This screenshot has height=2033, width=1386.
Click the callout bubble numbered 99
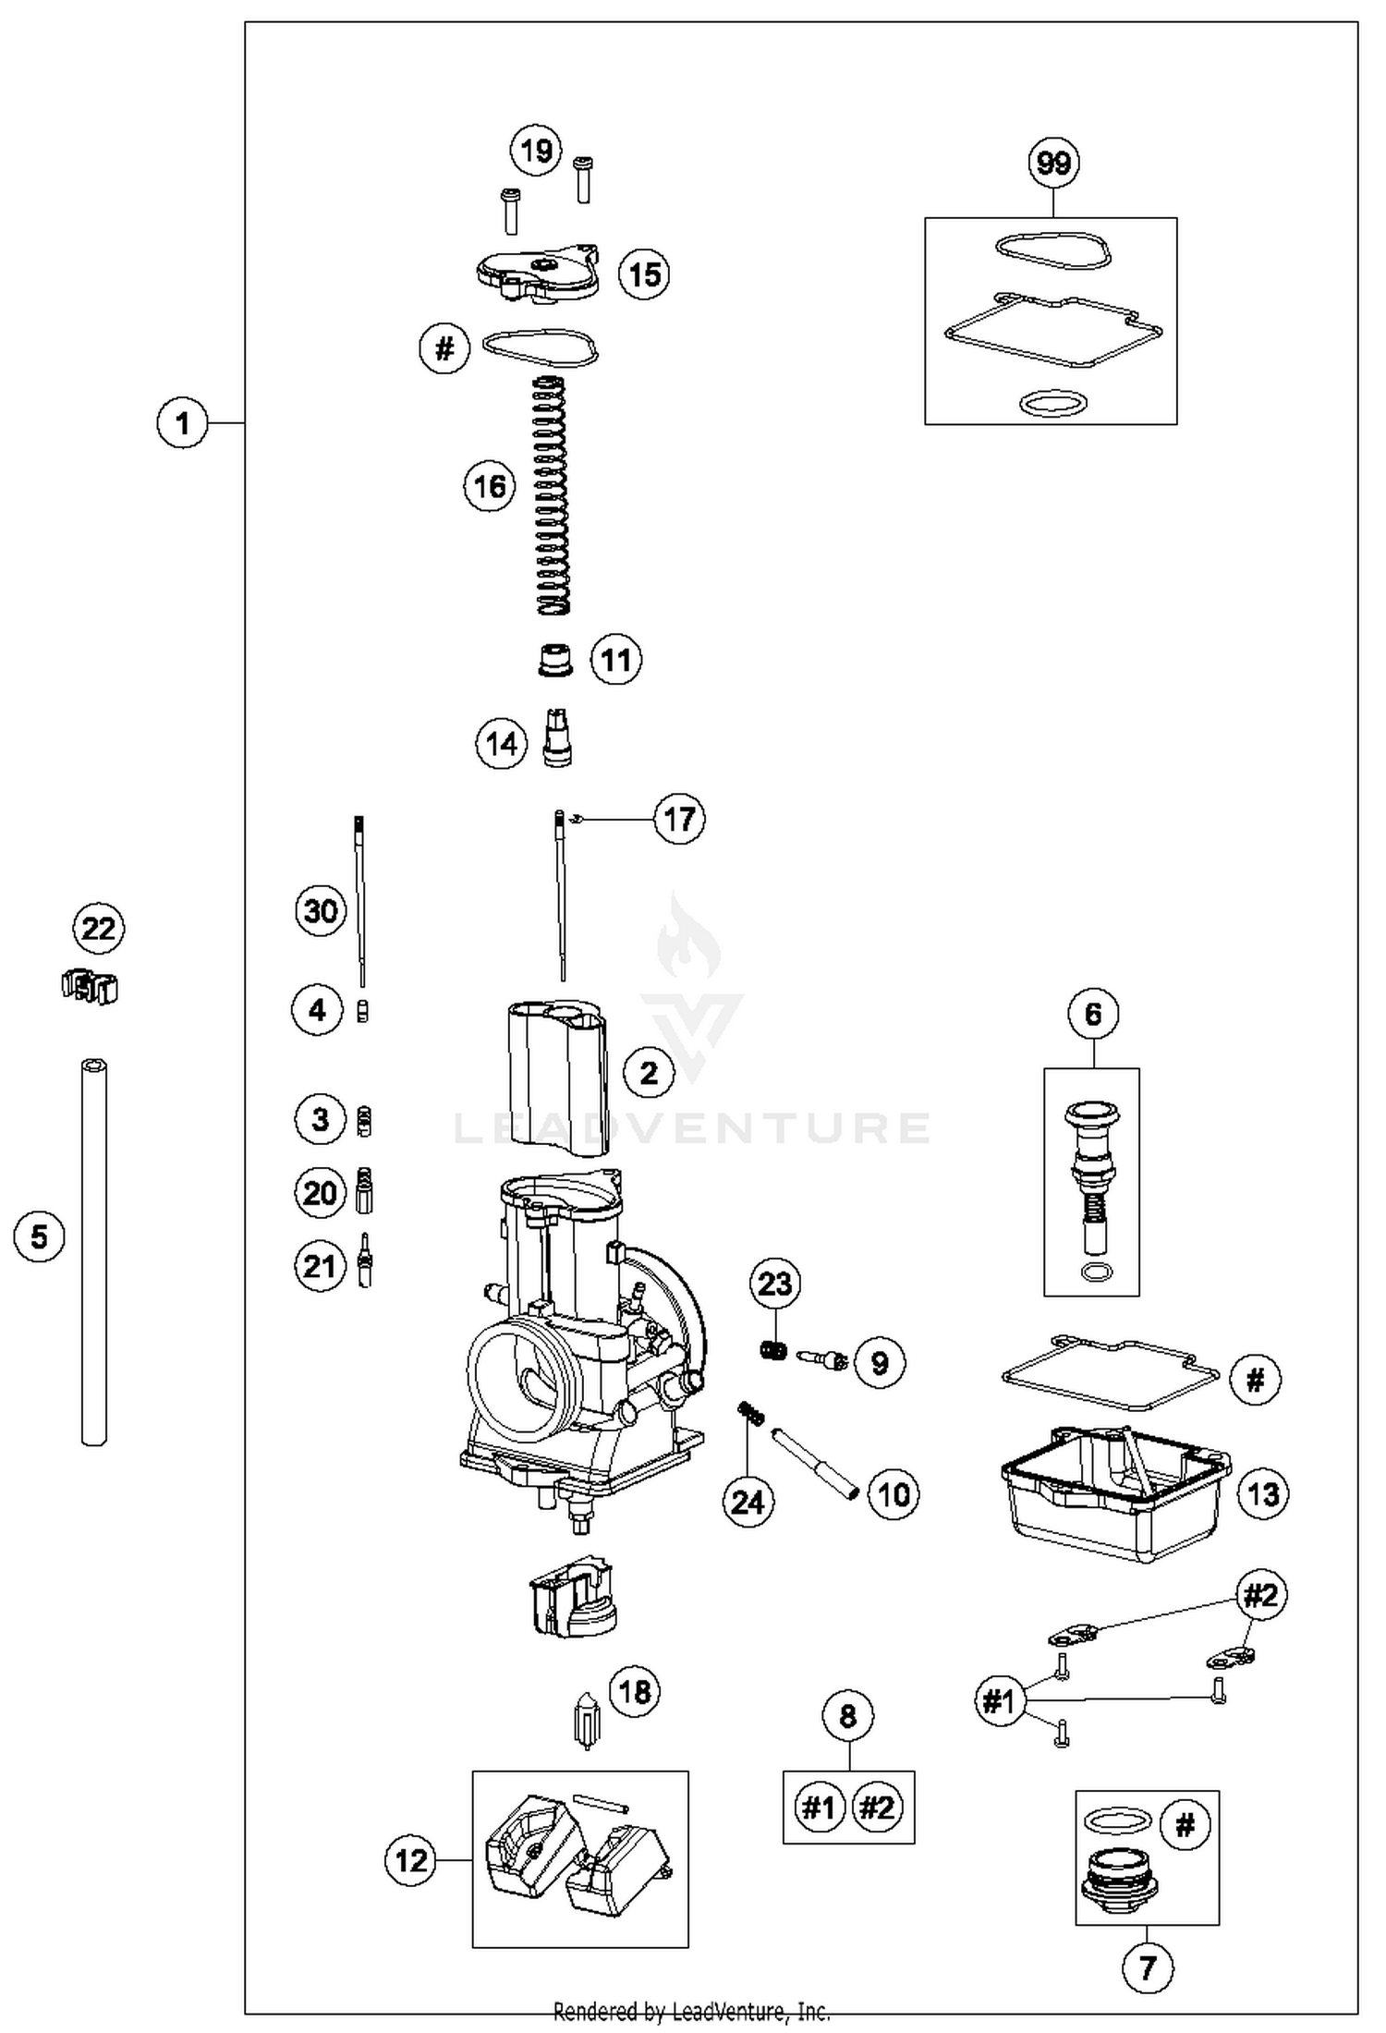(1053, 163)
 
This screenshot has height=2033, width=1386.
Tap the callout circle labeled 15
(644, 274)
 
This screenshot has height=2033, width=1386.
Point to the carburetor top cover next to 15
(536, 272)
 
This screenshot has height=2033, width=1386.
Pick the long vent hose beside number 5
(93, 1251)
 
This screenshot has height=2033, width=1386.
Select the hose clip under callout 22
(91, 988)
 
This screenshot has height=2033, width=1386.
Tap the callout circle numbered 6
(1092, 1014)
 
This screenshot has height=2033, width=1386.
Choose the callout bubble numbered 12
(411, 1859)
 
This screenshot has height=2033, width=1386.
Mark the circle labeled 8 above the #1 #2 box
(847, 1716)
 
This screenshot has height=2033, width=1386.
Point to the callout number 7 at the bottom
(1147, 1967)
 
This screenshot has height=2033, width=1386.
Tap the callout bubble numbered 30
(321, 911)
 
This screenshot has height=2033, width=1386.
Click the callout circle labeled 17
(679, 819)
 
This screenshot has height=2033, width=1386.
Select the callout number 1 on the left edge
(183, 423)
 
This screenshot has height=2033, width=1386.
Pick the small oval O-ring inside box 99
(1052, 404)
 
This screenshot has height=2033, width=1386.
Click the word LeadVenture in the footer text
(722, 2011)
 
